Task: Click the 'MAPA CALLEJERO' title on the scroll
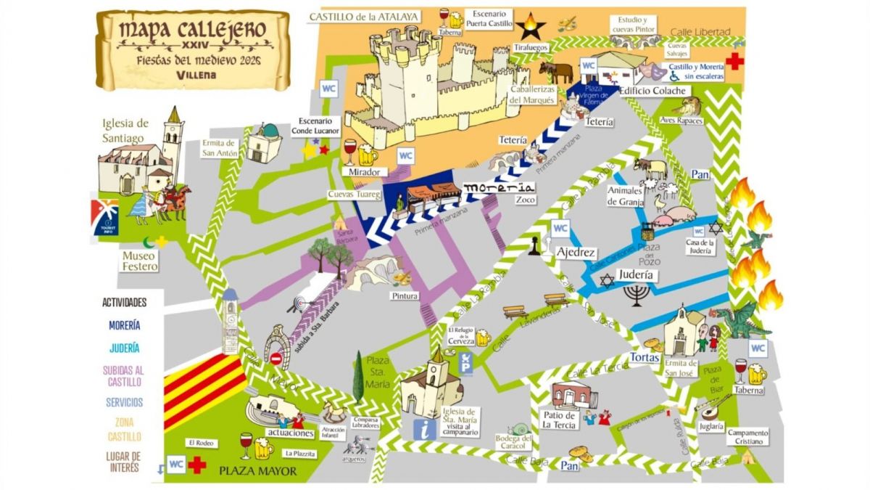click(192, 30)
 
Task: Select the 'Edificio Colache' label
click(652, 91)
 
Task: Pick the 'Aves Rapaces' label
click(681, 121)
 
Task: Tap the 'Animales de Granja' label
click(625, 197)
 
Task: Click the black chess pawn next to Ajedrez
click(534, 247)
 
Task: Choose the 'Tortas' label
click(645, 358)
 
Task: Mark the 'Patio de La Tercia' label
click(559, 420)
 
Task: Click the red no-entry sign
click(275, 358)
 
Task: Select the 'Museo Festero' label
click(140, 261)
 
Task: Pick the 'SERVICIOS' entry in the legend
click(124, 402)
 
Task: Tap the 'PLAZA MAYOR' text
click(258, 471)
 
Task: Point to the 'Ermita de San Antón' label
click(219, 148)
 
